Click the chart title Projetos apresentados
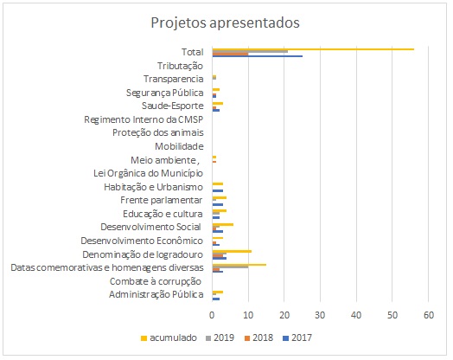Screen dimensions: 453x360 225,22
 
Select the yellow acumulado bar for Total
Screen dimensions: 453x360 313,49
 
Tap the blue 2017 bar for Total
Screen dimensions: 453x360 258,56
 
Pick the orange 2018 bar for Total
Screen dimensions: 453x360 230,54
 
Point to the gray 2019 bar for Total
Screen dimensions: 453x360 250,51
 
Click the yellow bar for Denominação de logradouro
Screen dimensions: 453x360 232,251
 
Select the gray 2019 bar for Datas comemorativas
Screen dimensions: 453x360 230,267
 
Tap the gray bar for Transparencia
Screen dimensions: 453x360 214,78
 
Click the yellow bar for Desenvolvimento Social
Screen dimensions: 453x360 223,224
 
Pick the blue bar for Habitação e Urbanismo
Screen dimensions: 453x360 218,191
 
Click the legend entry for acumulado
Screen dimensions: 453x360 169,337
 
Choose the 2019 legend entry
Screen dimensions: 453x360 220,337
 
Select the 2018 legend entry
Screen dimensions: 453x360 258,337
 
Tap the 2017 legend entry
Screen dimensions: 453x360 298,337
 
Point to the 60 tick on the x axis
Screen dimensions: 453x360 429,315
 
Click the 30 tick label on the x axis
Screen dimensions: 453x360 320,315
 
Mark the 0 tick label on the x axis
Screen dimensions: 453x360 212,315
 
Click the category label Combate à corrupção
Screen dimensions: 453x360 156,281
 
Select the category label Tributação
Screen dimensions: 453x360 180,66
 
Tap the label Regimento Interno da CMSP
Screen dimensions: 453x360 144,119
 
